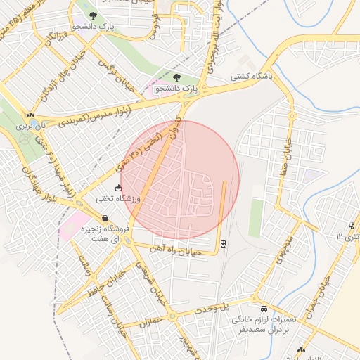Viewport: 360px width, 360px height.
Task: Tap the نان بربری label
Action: [30, 126]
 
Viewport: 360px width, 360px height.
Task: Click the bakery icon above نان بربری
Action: [30, 114]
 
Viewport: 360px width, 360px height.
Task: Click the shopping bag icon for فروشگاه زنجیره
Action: [105, 219]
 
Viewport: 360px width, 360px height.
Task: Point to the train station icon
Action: [224, 243]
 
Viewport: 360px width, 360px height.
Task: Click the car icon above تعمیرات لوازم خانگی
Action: [264, 309]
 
